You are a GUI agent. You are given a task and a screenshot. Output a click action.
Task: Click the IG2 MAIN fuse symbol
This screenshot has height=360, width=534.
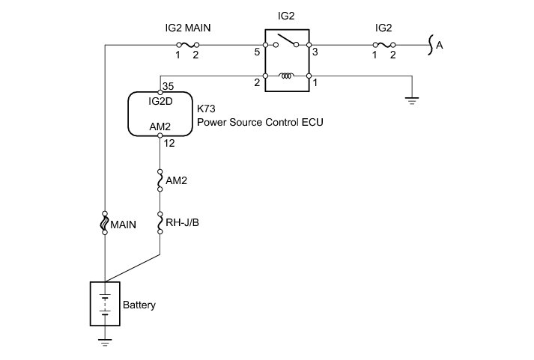point(187,45)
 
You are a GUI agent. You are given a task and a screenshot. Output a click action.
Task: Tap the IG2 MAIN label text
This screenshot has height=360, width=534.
point(188,28)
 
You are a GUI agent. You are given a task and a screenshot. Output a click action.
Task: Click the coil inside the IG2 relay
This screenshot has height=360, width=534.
point(287,76)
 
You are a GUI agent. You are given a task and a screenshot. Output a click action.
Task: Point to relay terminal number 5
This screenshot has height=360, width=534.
point(257,52)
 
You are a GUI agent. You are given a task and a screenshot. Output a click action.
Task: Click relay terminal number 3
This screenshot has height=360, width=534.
point(315,52)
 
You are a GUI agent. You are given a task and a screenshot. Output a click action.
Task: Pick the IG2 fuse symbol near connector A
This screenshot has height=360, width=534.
point(383,45)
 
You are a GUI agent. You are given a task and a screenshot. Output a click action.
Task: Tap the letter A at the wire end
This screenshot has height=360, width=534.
point(440,45)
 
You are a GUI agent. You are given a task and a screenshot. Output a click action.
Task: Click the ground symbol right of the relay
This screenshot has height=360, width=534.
point(412,100)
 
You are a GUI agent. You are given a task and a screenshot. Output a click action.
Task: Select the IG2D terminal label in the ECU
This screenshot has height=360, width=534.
point(160,101)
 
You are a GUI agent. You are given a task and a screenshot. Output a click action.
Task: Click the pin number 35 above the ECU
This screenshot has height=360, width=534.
point(169,86)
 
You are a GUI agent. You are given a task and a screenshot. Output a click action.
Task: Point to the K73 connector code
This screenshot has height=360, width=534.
point(206,109)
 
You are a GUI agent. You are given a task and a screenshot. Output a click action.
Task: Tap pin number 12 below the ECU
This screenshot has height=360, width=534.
point(169,143)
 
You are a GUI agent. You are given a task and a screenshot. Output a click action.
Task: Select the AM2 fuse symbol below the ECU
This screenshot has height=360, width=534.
point(160,180)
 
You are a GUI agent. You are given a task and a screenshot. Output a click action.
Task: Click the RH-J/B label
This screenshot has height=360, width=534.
point(182,222)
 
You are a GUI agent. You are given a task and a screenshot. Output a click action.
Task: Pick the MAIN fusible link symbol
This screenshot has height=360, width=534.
point(105,223)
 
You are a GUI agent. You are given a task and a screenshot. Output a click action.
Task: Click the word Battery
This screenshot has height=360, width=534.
point(139,305)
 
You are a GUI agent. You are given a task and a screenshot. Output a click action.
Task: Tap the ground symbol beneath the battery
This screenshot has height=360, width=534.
point(105,341)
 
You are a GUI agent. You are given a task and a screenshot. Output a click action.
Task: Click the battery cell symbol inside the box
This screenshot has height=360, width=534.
point(105,304)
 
